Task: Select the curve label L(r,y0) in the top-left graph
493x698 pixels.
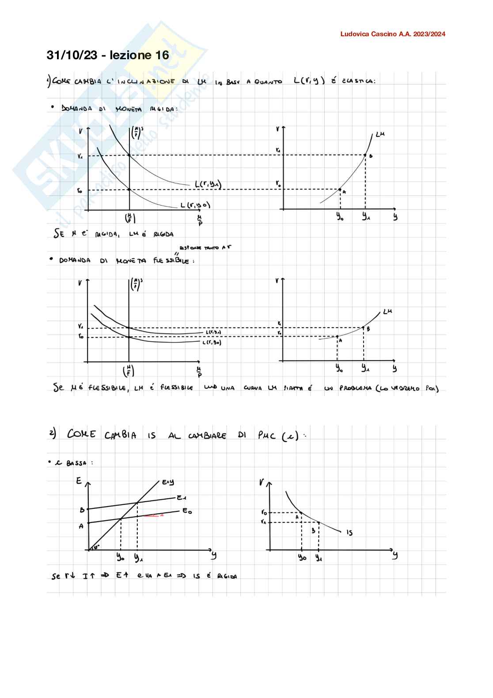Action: point(195,205)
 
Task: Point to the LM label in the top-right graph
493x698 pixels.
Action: point(380,134)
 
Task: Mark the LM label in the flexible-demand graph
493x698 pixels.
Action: point(387,312)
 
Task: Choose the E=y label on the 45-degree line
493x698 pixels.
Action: point(168,482)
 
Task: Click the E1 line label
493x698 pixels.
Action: point(181,498)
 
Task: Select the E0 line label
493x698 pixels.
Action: point(187,511)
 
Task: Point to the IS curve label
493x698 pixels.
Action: point(349,533)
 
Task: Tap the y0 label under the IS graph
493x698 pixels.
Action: point(302,558)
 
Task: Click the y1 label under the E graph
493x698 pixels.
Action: point(138,558)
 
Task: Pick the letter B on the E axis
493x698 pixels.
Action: point(82,510)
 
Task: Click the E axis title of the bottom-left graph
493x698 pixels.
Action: point(79,481)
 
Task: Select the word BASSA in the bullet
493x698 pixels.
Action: point(76,463)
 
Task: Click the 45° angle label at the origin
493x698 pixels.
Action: point(96,546)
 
